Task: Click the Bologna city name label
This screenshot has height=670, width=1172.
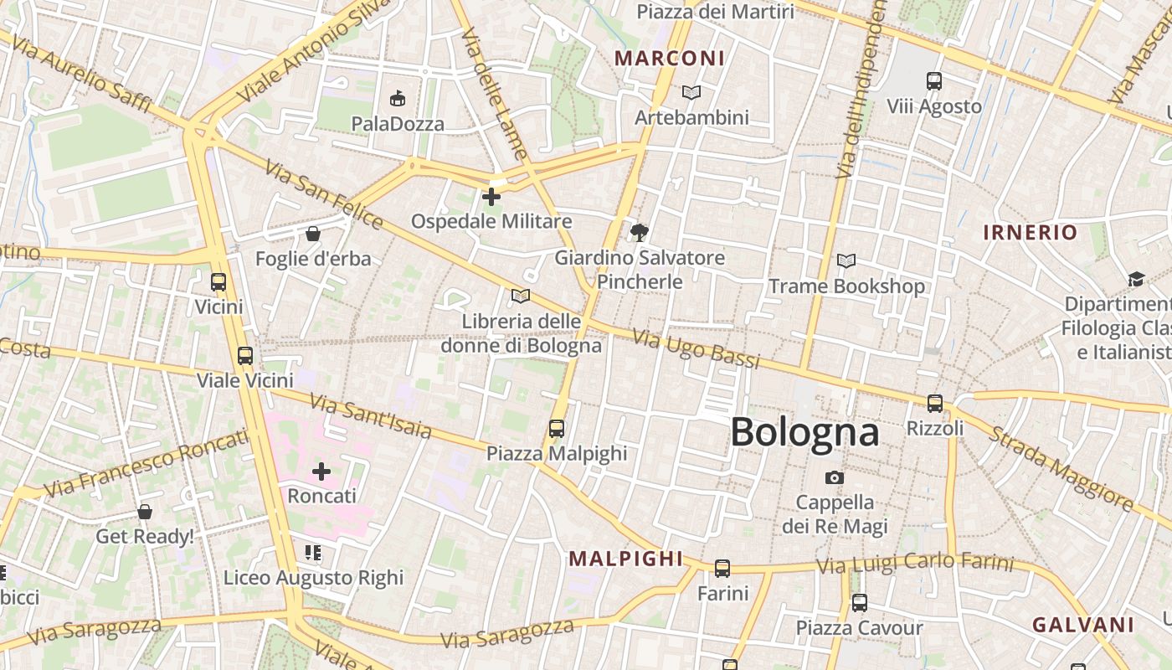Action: (x=804, y=432)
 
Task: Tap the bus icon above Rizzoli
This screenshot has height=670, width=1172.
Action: (x=934, y=403)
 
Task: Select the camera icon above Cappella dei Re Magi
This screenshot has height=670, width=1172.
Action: (x=834, y=477)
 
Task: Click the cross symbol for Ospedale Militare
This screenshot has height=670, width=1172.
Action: (x=491, y=197)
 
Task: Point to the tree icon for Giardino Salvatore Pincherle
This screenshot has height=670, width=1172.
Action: (x=640, y=232)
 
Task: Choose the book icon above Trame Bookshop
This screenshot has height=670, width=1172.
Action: (x=846, y=261)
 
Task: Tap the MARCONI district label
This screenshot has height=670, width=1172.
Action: (x=669, y=58)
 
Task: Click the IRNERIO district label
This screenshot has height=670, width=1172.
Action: (x=1030, y=232)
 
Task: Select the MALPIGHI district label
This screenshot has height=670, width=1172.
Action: (x=625, y=559)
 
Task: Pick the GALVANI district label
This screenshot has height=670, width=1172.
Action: (x=1082, y=625)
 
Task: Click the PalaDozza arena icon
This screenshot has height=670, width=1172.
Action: (x=398, y=99)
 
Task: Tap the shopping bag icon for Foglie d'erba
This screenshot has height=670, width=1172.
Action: (x=312, y=234)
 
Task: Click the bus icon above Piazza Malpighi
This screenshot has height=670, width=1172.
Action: (x=556, y=429)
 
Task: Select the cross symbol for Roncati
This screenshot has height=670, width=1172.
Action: (x=321, y=472)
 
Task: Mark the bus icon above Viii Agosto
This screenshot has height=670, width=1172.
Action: (x=934, y=81)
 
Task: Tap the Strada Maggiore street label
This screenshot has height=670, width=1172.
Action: (x=1061, y=469)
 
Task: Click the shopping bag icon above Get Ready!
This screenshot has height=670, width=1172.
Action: (x=145, y=511)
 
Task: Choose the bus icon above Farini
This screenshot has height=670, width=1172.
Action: (x=722, y=569)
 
